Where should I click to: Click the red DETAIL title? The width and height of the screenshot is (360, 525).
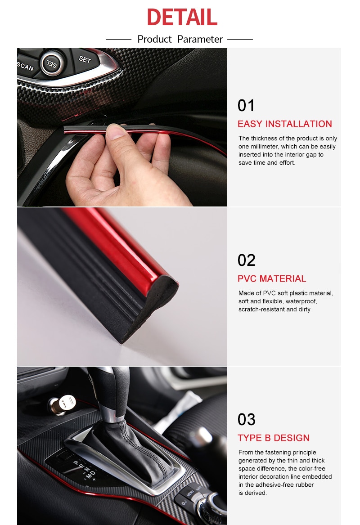182,17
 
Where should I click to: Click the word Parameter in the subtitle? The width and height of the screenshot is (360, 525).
200,39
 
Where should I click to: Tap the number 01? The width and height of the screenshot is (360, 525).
246,106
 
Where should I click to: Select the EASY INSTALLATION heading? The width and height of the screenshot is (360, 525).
284,124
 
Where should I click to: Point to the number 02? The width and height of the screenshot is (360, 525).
246,260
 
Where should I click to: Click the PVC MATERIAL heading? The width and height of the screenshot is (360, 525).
272,279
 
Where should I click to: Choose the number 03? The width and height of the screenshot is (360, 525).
246,420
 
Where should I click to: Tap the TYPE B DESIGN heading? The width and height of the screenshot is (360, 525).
274,438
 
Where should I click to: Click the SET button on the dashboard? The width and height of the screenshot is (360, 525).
85,59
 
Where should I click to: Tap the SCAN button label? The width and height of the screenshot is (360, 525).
25,67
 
